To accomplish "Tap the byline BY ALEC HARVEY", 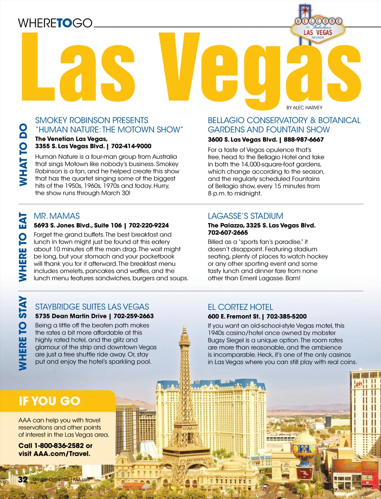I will point(304,108).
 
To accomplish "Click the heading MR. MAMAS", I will point(57,216).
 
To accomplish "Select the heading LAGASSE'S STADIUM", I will point(245,216).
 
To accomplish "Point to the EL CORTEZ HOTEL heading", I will point(240,307).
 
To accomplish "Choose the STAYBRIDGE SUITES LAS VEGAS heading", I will point(92,307).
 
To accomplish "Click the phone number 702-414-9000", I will point(131,146).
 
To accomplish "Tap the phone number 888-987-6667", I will point(304,140).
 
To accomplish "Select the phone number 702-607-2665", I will point(228,233).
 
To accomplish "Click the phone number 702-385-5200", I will point(286,317).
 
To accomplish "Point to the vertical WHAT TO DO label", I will point(23,155).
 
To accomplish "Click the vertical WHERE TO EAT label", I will point(23,247).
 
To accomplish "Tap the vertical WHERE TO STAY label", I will point(23,333).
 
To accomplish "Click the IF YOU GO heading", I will point(49,401).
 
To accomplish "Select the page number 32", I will point(23,479).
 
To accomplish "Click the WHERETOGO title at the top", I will point(55,23).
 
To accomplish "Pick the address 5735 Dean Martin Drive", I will point(71,316).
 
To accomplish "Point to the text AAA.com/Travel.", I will point(62,454).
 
